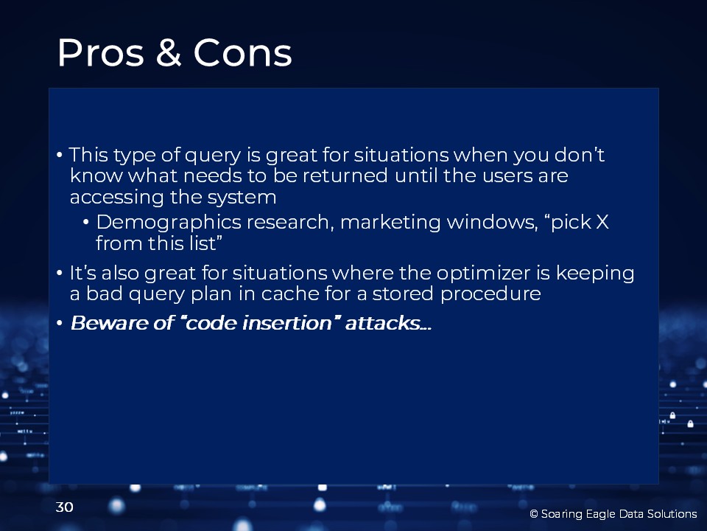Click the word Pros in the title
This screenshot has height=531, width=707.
click(x=101, y=52)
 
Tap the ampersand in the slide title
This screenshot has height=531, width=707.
click(x=168, y=52)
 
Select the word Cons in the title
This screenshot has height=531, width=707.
click(x=242, y=52)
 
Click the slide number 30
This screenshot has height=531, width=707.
click(x=65, y=507)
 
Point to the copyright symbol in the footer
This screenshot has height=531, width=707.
click(x=534, y=514)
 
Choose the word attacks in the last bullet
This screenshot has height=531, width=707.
click(x=383, y=323)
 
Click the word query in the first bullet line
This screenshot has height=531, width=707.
click(x=213, y=156)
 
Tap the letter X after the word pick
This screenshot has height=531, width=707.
click(x=602, y=222)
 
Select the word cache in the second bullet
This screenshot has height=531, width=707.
click(x=290, y=294)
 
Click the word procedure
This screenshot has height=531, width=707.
click(x=490, y=294)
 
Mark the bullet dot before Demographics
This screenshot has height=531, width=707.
click(x=85, y=223)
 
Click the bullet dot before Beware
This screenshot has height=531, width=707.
click(x=60, y=323)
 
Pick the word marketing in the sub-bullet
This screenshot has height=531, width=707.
click(x=390, y=223)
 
